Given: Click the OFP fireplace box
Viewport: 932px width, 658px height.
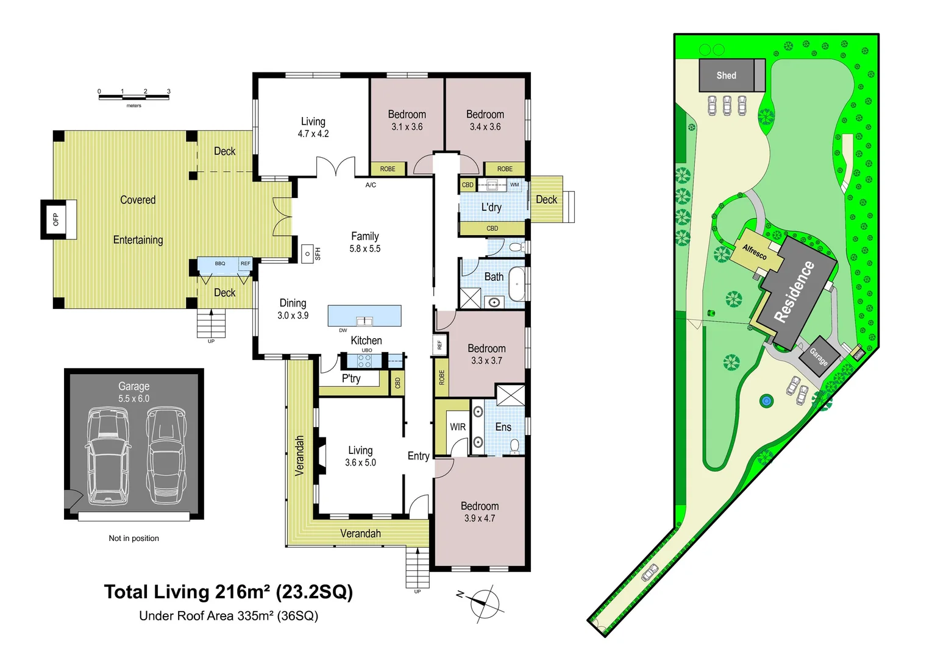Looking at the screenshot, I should tap(56, 219).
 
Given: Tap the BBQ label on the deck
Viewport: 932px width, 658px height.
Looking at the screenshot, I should tap(220, 264).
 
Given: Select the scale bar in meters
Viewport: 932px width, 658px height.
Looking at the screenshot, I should tap(134, 96).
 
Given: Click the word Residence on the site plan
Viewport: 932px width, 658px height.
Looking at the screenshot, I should tap(794, 291).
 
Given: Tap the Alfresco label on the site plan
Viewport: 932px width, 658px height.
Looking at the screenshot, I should tap(755, 252).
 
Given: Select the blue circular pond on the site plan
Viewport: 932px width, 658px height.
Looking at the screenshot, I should tap(766, 401).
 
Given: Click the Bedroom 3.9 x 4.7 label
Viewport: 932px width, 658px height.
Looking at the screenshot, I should tap(480, 512).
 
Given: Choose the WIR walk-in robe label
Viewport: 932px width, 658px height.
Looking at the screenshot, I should tap(458, 427).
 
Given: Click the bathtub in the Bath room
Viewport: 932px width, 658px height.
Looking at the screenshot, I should tap(517, 284).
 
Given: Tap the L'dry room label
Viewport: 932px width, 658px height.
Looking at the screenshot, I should tap(491, 207).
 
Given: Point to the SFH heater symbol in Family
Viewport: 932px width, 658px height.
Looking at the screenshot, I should tap(308, 253).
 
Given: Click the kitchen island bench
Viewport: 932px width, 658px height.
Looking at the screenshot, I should tap(365, 316).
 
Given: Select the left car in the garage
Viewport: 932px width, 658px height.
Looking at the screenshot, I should tap(107, 456).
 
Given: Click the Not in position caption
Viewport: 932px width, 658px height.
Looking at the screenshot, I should tap(133, 539).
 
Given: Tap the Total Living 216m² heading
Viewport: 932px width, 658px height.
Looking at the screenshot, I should tap(229, 592).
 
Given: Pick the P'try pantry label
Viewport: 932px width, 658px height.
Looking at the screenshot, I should tap(351, 378).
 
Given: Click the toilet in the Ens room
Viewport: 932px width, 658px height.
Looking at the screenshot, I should tap(515, 445).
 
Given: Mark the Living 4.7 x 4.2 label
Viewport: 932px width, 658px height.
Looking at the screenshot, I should tap(313, 127).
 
